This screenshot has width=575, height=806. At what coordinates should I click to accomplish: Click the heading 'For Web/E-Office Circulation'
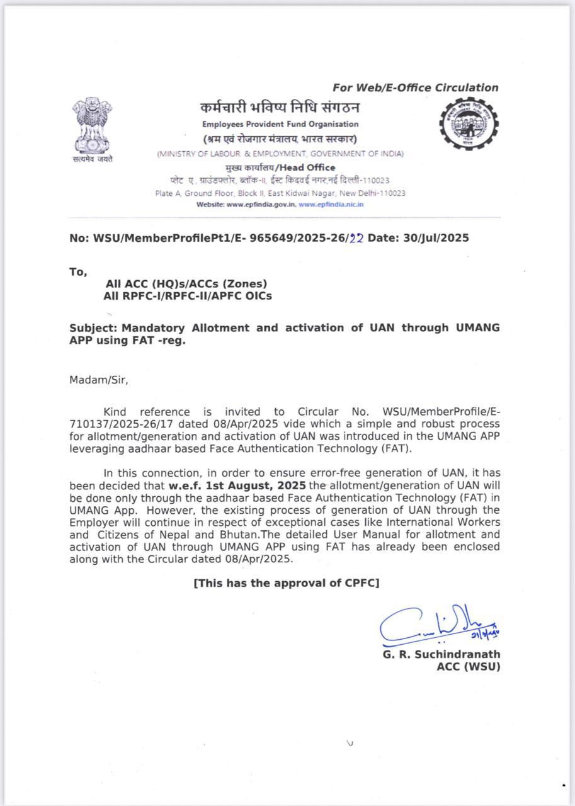click(x=415, y=88)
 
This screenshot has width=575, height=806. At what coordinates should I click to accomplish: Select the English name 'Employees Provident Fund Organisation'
click(x=280, y=124)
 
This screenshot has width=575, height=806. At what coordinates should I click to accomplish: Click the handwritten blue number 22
click(x=356, y=239)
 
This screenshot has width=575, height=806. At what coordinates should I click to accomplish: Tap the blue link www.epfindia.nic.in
click(x=331, y=204)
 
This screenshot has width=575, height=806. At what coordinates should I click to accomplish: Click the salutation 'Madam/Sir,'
click(x=99, y=380)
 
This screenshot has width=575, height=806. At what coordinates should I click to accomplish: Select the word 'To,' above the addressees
click(x=78, y=272)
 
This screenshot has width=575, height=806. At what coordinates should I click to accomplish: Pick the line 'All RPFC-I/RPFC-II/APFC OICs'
click(x=188, y=296)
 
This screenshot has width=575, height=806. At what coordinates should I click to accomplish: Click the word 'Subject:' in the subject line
click(x=94, y=328)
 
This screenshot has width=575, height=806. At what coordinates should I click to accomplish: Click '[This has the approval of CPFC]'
click(x=287, y=583)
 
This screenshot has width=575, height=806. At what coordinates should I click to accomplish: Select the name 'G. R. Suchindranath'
click(x=441, y=654)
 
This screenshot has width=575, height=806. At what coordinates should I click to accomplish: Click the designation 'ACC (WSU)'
click(x=468, y=667)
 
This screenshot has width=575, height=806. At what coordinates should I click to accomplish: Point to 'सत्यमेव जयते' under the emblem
click(x=93, y=159)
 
